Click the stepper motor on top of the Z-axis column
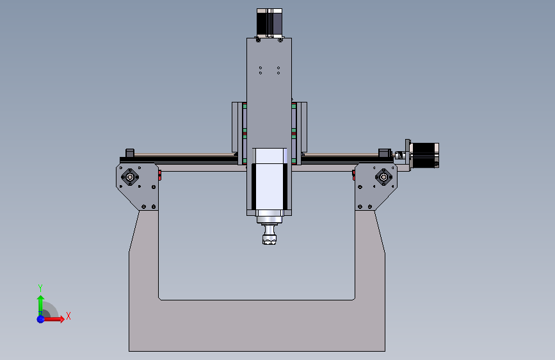coord(269,22)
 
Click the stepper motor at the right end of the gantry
coord(424,156)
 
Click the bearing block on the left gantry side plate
coord(131,177)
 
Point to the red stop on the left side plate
coord(159,175)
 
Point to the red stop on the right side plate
coord(353,175)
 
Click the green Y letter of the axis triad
coord(40,288)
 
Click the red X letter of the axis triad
coord(68,316)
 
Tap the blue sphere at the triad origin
coord(40,318)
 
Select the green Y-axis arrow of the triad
coord(40,302)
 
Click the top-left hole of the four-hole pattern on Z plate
coord(261,67)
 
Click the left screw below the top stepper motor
coord(258,39)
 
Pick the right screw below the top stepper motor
coord(281,39)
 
